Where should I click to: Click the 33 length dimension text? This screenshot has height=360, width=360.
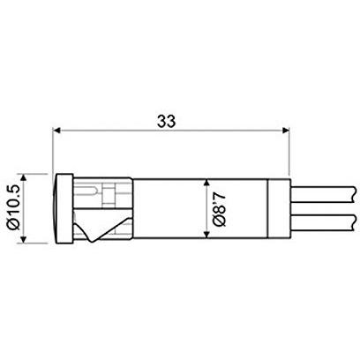pos(166,121)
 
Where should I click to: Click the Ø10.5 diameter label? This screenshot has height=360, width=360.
pos(14,207)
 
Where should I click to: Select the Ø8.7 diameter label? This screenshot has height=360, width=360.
pos(220,208)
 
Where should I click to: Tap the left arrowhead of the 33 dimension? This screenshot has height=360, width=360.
pos(56,130)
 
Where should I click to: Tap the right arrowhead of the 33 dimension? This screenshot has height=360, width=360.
pos(286,130)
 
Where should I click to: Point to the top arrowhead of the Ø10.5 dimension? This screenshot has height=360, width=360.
pos(23,177)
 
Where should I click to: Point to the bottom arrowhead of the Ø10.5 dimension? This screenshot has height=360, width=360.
pos(23,239)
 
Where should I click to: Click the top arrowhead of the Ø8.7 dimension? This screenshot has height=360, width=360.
pos(206,183)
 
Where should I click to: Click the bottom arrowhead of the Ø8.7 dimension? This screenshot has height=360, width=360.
pos(206,234)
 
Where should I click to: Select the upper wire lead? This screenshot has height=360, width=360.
pos(324,194)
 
